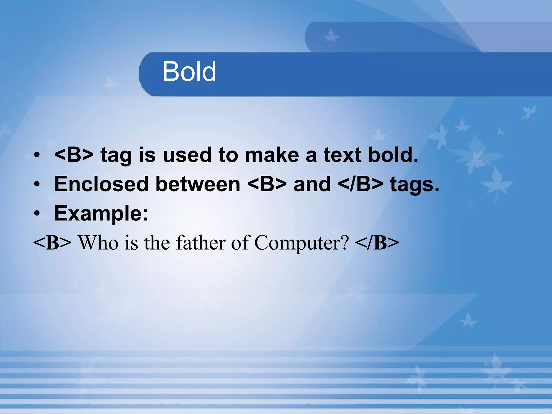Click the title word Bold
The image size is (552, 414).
pyautogui.click(x=189, y=71)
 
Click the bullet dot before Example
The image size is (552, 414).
pyautogui.click(x=37, y=213)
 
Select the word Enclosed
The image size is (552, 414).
pyautogui.click(x=101, y=184)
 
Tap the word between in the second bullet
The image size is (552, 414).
pyautogui.click(x=198, y=184)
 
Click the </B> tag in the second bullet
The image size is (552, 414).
pyautogui.click(x=360, y=184)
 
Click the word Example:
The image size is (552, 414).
pyautogui.click(x=101, y=213)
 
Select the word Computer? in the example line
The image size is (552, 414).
pyautogui.click(x=301, y=243)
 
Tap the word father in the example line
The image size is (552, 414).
pyautogui.click(x=201, y=242)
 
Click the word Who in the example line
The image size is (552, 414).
pyautogui.click(x=98, y=243)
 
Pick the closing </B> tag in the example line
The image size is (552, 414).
pyautogui.click(x=377, y=243)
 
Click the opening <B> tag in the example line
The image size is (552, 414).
pyautogui.click(x=52, y=243)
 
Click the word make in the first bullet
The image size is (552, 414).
pyautogui.click(x=272, y=155)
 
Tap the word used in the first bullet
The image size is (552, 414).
pyautogui.click(x=187, y=155)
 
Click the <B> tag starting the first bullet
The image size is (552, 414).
pyautogui.click(x=74, y=155)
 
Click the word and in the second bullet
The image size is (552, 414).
pyautogui.click(x=312, y=184)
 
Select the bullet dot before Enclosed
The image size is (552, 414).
pyautogui.click(x=37, y=184)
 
